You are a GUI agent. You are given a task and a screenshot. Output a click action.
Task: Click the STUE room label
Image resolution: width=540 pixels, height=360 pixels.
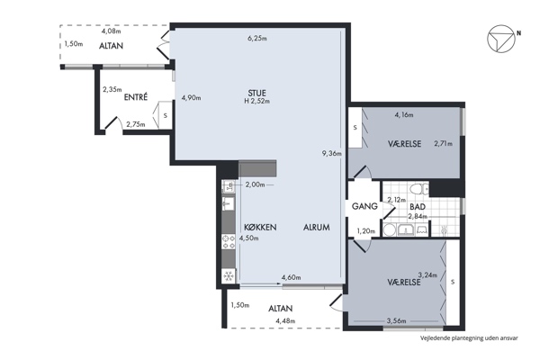pos(256,93)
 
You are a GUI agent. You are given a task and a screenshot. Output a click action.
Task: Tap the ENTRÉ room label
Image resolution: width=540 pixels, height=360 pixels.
pos(136,97)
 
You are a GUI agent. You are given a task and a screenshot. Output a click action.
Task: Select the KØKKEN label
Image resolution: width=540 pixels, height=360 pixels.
pos(260,228)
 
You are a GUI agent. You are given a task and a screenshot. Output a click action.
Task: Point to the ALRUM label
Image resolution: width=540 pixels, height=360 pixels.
pos(317,228)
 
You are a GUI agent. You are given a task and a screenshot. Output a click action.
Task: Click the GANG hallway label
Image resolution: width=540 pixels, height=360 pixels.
pos(364,206)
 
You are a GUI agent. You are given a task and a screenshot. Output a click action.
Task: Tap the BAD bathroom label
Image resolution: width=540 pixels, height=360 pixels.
pos(418,207)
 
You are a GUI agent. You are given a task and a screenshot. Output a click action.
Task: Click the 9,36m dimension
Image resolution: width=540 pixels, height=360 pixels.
pos(331,154)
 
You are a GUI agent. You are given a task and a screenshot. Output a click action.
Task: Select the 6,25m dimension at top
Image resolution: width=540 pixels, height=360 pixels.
pos(257,38)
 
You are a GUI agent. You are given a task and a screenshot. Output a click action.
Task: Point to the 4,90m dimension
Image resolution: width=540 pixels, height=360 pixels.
pos(191,98)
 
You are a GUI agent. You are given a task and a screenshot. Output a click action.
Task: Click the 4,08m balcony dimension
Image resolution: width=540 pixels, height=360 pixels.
pos(112,31)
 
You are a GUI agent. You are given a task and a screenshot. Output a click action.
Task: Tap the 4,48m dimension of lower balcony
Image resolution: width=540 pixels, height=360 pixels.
pos(285,321)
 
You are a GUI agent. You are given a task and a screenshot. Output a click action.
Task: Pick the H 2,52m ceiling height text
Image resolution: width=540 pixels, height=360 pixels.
pos(256,102)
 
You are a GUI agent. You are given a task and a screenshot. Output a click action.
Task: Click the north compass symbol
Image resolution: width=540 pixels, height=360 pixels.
pos(501,38)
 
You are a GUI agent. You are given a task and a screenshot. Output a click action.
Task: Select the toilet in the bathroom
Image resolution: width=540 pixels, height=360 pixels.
pos(418,189)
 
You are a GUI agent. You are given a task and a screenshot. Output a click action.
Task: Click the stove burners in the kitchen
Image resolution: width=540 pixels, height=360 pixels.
pos(228,242)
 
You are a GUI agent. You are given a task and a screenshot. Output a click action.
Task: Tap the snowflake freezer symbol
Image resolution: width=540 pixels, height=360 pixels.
pos(228,276)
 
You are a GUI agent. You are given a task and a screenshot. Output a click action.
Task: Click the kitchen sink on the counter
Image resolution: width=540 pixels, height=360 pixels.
pos(229,204)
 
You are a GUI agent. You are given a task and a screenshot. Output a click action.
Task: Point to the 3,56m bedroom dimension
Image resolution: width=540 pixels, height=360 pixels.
pos(396,321)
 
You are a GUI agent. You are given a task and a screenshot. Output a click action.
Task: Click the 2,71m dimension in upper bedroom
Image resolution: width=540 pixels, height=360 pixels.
pos(443,144)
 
